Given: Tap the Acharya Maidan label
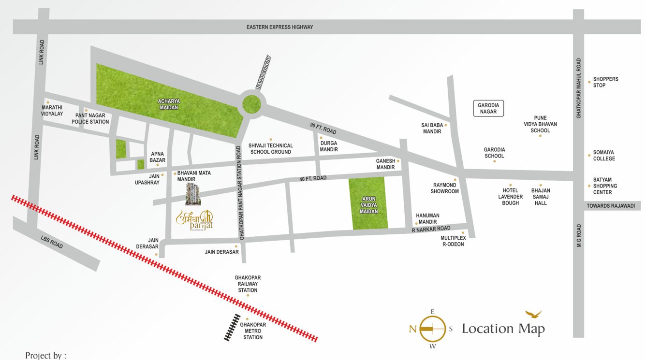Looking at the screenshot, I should coord(169,104).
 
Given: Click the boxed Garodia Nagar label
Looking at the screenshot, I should coord(488,108).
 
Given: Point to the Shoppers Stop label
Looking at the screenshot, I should coord(605,82).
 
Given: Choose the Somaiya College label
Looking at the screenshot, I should coord(604,156).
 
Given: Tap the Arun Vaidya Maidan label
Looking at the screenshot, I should coord(368,205).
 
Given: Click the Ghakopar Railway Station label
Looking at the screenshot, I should coord(248,284).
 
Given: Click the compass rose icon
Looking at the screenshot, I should coord(432,329).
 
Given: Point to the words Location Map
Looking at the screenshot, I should coord(503,329).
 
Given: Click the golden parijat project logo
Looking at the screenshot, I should coord(194,220).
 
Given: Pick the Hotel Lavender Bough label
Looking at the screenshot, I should coord(510,197).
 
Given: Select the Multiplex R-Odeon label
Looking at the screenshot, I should coord(453,241).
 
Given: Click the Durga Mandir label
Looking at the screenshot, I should coord(329,146).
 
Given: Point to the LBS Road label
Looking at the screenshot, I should coord(52,242).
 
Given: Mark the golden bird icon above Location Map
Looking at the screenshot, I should coord(534,314).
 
